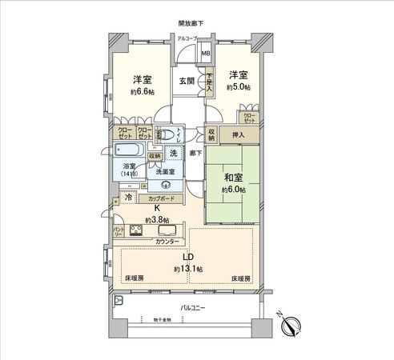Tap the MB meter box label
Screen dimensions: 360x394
206,55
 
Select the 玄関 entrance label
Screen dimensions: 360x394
187,81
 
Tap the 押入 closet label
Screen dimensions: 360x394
238,136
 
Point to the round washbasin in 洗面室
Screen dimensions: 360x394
166,183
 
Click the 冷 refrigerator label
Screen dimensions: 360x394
128,196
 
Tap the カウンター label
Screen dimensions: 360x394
167,241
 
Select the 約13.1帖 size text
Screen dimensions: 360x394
189,270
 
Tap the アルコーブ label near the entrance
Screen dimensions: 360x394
188,38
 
